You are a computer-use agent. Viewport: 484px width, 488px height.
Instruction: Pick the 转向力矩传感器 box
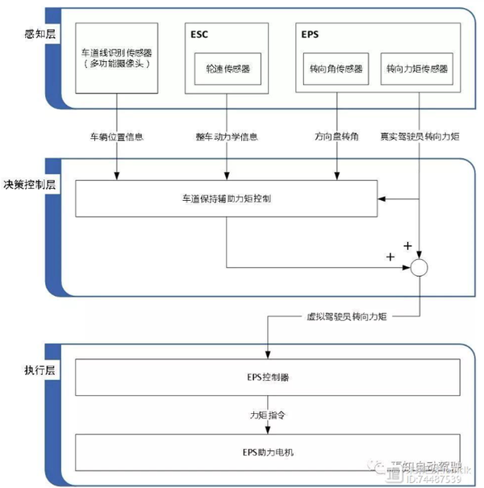416,69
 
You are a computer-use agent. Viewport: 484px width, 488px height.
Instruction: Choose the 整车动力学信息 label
227,137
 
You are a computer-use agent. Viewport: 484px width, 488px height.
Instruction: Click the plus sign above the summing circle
407,244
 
